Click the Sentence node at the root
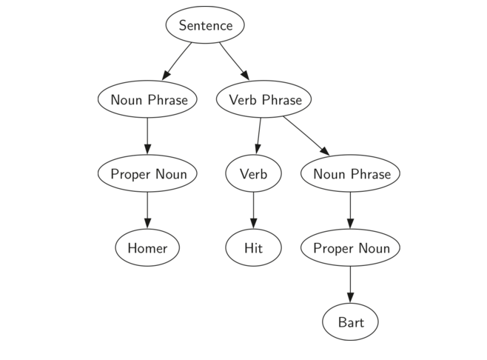coord(205,25)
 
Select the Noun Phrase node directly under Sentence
coord(147,99)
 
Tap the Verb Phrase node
coord(265,99)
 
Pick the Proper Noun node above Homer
coord(147,174)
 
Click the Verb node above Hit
coord(253,174)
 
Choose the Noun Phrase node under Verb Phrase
coord(351,174)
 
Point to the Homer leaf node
coord(147,248)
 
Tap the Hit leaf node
coord(253,248)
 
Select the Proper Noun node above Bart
coord(351,248)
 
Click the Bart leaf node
coord(351,322)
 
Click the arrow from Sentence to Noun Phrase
coord(177,61)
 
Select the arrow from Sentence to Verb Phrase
coord(233,61)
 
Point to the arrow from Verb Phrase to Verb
coord(259,136)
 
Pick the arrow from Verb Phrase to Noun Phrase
coord(306,136)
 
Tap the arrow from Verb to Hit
coord(253,211)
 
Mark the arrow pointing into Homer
coord(147,211)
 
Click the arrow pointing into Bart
coord(351,285)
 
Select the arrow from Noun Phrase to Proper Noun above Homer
coord(147,136)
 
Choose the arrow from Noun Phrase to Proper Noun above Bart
coord(351,211)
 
